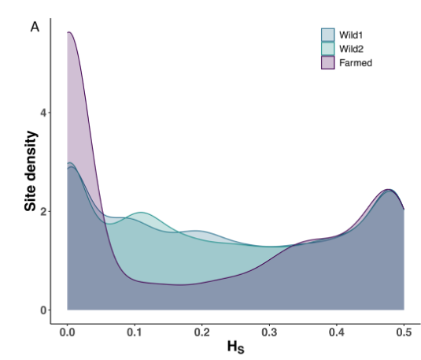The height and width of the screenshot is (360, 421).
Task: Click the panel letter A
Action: (x=35, y=27)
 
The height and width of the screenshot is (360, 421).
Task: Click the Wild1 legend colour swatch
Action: (x=328, y=35)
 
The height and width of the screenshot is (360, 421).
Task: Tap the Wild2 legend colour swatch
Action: (x=328, y=49)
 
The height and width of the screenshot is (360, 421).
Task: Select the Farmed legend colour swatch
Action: (x=328, y=63)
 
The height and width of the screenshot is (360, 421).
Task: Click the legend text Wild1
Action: (x=351, y=35)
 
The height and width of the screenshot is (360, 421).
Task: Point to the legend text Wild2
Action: (x=351, y=49)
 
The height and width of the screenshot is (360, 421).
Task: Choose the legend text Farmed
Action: (x=356, y=63)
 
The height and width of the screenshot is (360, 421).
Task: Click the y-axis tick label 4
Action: (x=43, y=113)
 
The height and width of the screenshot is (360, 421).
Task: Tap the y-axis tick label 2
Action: (x=43, y=212)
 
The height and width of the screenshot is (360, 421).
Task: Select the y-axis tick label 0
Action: (x=43, y=310)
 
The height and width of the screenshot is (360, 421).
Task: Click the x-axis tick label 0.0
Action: (x=67, y=332)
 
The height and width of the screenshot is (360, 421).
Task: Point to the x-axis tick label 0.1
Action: (x=135, y=332)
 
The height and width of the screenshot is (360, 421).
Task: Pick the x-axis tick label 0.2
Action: (x=202, y=332)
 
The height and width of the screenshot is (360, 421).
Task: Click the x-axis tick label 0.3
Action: (x=269, y=332)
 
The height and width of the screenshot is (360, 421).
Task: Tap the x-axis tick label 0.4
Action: (x=337, y=332)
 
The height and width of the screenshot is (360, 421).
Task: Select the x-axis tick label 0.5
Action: (x=404, y=332)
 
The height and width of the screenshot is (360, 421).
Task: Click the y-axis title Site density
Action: (x=31, y=171)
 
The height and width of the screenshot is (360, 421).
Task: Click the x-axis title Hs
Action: (x=236, y=347)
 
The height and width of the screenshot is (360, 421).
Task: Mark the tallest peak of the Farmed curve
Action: (x=69, y=32)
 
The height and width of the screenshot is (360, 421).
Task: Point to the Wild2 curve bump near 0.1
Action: (x=141, y=213)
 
